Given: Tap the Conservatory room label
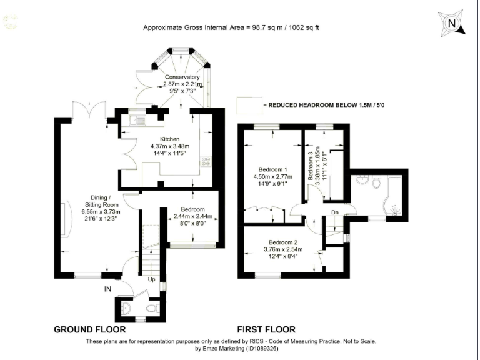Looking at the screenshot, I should [x=182, y=77].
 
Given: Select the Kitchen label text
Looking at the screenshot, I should [x=169, y=139].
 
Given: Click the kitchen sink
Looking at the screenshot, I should [x=137, y=120].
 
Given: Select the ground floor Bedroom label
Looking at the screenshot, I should [x=193, y=209].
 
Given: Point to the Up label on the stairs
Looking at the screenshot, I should [x=151, y=279].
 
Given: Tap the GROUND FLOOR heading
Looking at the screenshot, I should [x=90, y=329].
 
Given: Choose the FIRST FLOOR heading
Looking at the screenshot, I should [x=266, y=329].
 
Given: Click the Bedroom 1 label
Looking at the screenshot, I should [x=273, y=169].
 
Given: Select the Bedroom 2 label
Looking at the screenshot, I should [x=282, y=242].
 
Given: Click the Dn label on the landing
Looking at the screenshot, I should [x=336, y=212].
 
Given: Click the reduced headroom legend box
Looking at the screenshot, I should [x=249, y=105].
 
